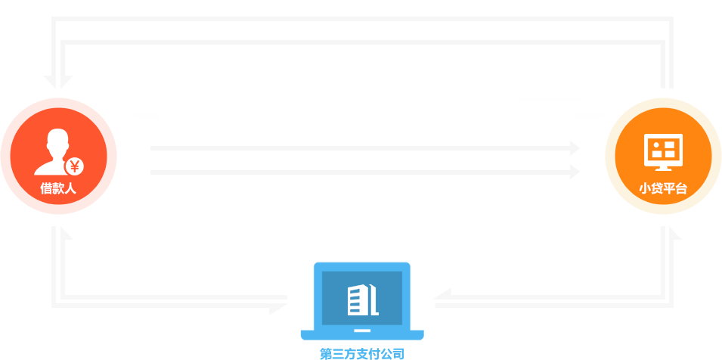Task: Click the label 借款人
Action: click(58, 189)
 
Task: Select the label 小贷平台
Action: click(663, 189)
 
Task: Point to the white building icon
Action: click(361, 300)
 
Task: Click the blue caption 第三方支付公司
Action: click(361, 353)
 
